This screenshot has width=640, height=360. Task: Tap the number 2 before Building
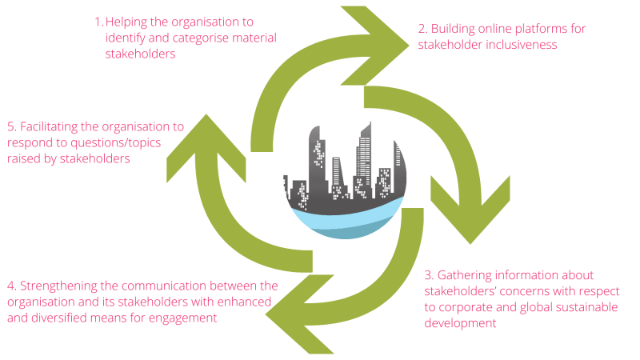coord(422,29)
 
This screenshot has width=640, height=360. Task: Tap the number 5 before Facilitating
coord(10,127)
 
